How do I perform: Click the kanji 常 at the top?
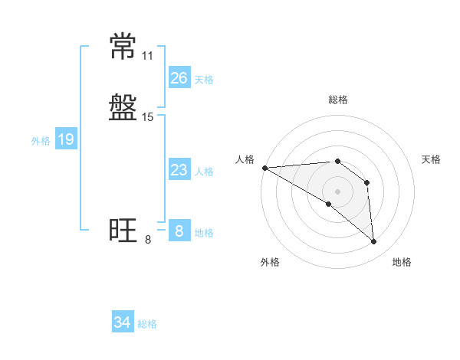(x=123, y=47)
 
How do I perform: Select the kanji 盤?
(x=123, y=107)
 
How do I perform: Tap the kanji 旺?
(x=123, y=231)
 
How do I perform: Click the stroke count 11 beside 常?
(x=147, y=56)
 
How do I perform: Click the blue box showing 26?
(x=179, y=78)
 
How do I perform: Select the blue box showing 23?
(x=179, y=170)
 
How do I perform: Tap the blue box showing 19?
(x=66, y=139)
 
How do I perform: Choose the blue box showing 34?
(x=123, y=322)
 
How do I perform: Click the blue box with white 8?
(x=179, y=231)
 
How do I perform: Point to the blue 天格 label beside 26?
(x=204, y=80)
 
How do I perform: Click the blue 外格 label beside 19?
(x=41, y=141)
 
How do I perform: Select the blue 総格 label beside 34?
(x=147, y=324)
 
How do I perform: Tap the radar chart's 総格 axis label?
(x=338, y=100)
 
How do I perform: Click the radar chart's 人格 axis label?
(x=245, y=159)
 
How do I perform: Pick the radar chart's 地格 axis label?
(x=402, y=262)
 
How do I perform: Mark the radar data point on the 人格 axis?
(x=264, y=168)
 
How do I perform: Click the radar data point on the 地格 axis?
(x=374, y=241)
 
